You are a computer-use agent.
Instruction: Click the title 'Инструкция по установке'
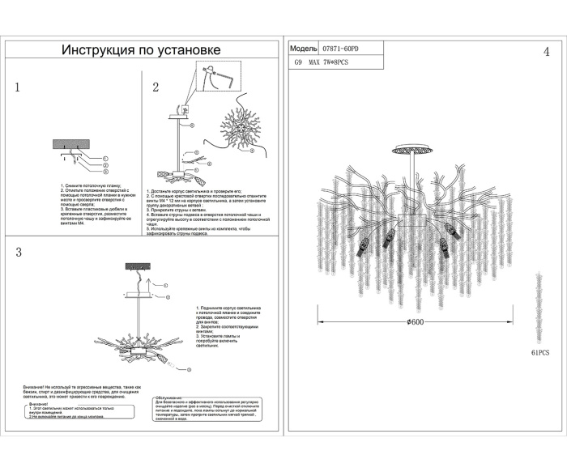[143, 50]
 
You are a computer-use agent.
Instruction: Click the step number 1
[17, 87]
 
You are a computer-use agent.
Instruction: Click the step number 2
[156, 87]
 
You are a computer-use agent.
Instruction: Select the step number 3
[18, 252]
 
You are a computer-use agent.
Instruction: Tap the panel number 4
[546, 53]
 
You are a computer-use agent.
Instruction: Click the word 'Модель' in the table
[303, 49]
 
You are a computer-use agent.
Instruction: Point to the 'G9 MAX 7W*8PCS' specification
[323, 62]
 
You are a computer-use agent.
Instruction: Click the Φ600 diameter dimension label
[416, 321]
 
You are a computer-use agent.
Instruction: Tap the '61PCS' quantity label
[540, 354]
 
